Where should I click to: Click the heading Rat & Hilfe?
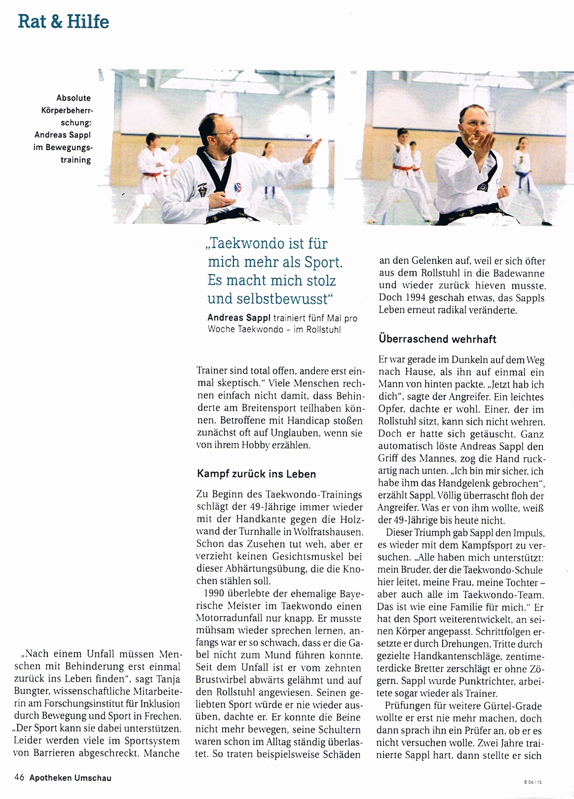(63, 22)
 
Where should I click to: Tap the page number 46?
(19, 778)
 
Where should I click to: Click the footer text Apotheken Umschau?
(70, 778)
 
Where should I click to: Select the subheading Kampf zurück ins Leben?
(256, 474)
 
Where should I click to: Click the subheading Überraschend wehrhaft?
(437, 339)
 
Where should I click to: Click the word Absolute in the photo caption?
(74, 98)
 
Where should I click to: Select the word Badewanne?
(519, 273)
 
